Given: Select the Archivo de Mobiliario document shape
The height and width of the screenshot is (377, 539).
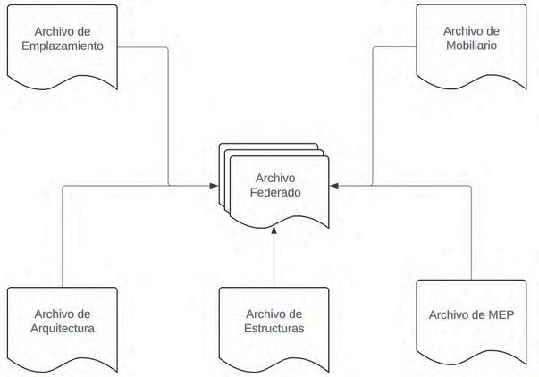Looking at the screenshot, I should tap(470, 40).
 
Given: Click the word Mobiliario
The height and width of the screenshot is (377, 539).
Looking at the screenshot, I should tap(470, 46).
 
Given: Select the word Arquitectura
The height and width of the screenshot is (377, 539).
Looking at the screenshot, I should tap(63, 329).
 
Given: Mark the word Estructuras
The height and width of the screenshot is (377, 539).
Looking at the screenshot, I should tap(274, 329).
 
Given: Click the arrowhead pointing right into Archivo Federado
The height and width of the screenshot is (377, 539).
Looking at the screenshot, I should tap(214, 185).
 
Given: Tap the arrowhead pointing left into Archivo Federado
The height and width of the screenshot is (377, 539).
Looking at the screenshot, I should tap(333, 185).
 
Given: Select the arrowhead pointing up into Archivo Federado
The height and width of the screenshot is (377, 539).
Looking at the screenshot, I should tap(274, 229).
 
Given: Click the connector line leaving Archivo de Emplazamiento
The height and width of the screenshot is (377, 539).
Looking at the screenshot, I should tap(169, 116).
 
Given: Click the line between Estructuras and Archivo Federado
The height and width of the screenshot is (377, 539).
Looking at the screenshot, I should tap(274, 259).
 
